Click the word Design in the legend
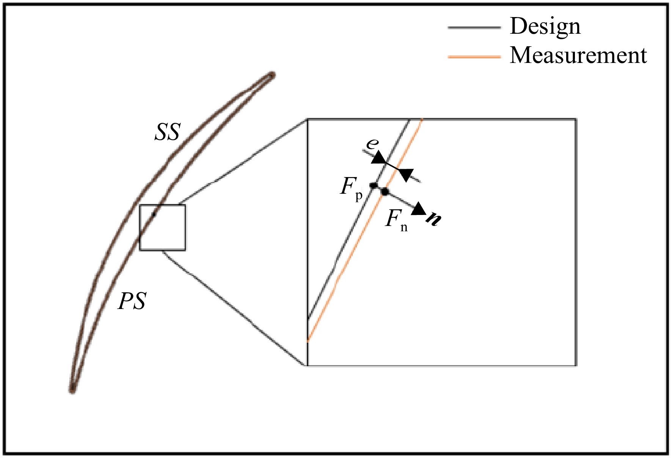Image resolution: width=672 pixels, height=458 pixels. tap(545, 26)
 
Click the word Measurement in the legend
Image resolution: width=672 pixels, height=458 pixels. tap(578, 55)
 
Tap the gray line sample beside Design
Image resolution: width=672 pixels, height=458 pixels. tap(474, 28)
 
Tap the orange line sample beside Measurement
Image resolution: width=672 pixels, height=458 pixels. tap(474, 57)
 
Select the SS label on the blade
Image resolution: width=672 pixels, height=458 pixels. tap(167, 133)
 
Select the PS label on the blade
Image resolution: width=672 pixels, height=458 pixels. tap(132, 301)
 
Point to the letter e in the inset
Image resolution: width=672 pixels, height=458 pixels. tap(372, 144)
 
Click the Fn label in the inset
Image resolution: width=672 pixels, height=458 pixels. tap(397, 220)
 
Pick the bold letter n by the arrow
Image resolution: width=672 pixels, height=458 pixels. tap(433, 219)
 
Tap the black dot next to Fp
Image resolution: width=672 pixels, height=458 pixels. tap(374, 185)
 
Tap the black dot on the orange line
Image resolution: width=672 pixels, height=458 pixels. tap(385, 191)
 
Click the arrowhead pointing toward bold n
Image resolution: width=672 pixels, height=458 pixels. tap(419, 209)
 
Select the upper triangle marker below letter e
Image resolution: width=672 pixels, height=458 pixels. tap(378, 157)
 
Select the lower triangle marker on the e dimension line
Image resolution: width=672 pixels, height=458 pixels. tap(406, 175)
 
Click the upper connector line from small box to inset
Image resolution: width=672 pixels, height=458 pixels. tap(243, 162)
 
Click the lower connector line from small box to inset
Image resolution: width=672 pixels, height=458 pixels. tap(235, 308)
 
